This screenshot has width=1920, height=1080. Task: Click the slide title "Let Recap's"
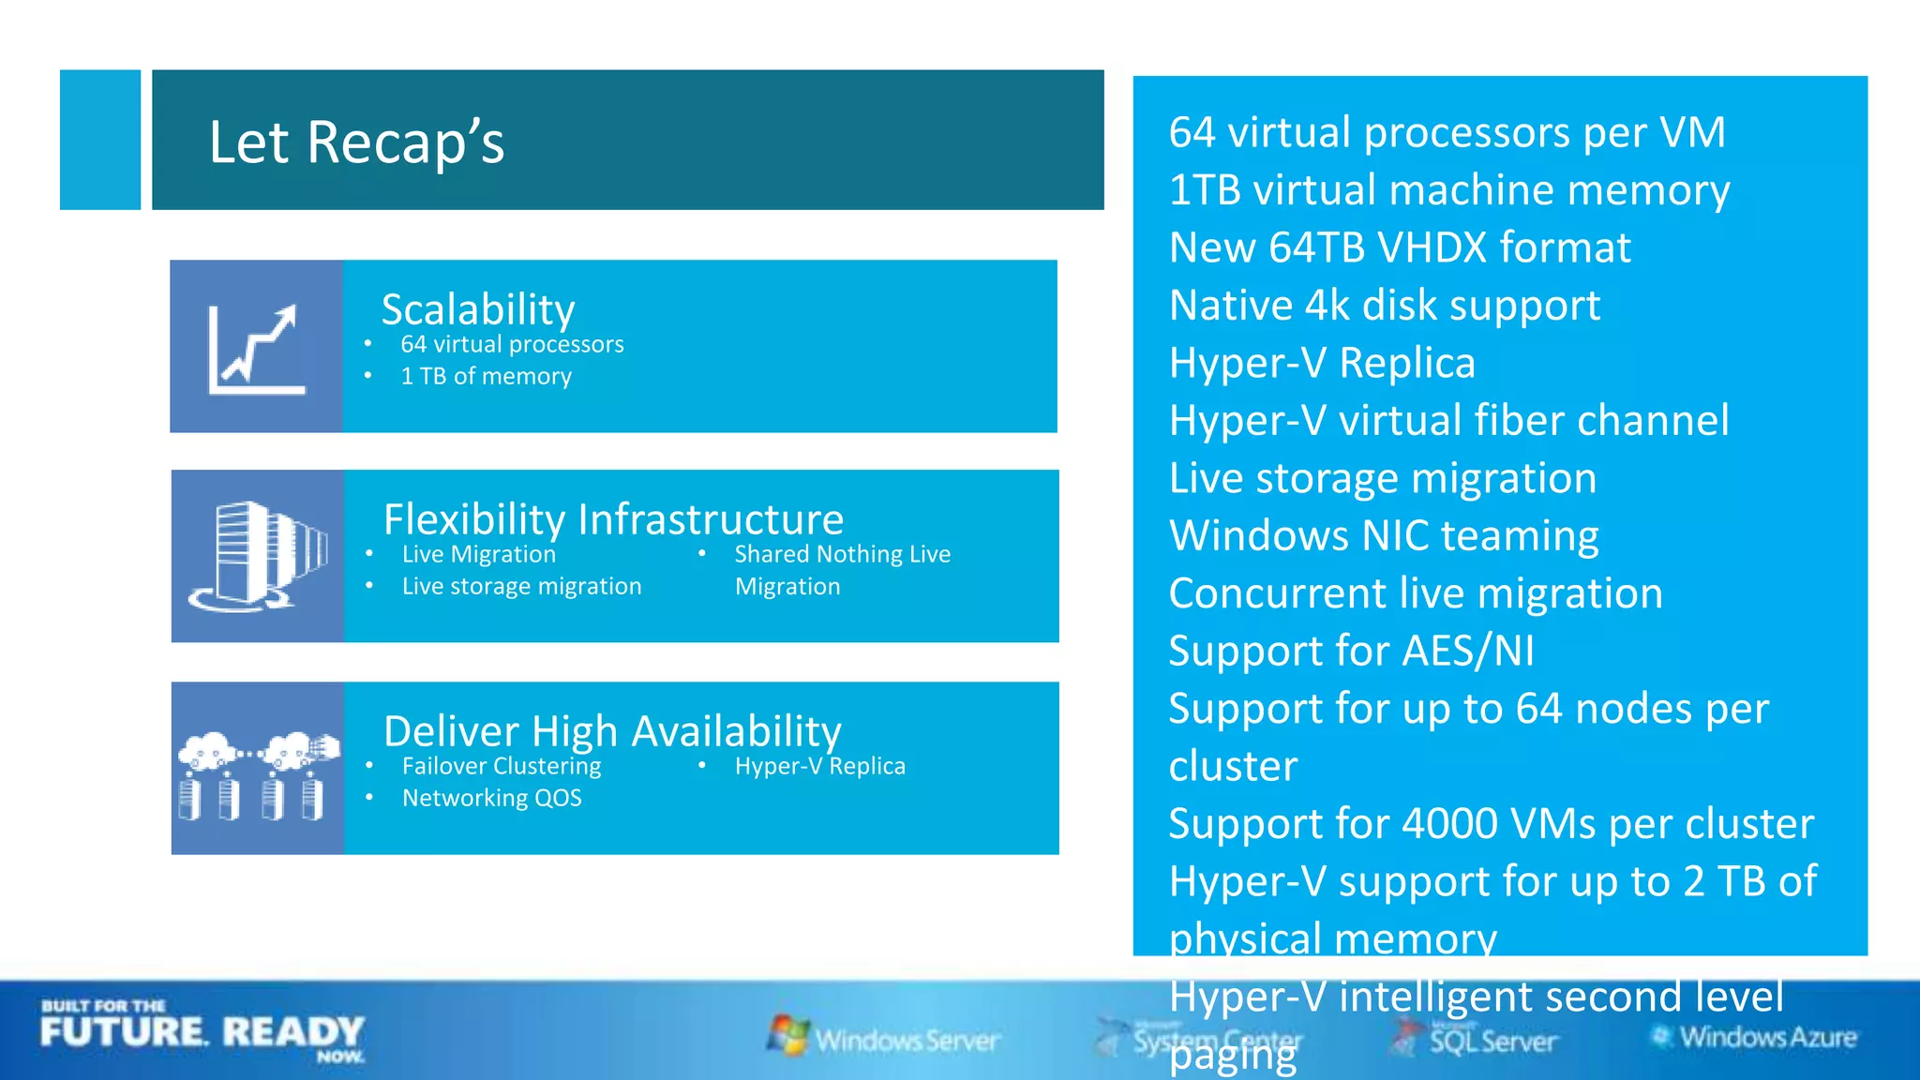point(356,142)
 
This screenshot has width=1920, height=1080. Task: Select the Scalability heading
point(478,309)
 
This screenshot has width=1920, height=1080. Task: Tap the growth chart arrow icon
point(256,348)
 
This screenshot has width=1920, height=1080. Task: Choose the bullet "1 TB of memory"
point(486,377)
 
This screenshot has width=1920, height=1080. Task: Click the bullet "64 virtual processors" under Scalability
point(512,345)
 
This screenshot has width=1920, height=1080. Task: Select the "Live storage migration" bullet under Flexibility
point(521,587)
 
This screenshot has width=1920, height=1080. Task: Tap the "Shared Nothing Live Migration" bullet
point(842,570)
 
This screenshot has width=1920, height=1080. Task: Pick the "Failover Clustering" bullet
point(502,767)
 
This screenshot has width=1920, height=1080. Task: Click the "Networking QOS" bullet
point(491,799)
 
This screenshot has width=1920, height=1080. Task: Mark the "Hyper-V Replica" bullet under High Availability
point(819,767)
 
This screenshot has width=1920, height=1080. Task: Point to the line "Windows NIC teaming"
point(1384,536)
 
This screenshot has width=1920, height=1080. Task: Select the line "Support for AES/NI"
point(1352,652)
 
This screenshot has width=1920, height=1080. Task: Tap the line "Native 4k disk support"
point(1385,306)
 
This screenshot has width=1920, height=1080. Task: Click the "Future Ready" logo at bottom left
point(202,1032)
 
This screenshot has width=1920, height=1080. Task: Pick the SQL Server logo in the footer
point(1476,1039)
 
